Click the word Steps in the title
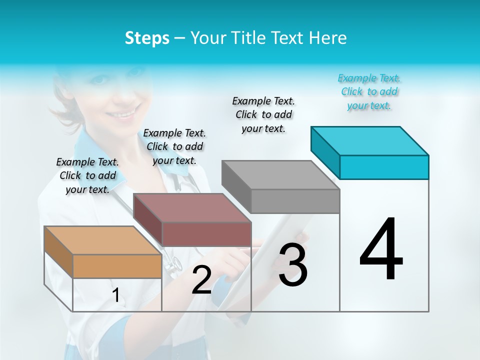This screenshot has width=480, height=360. click(x=147, y=38)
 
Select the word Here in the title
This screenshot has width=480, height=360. click(x=328, y=38)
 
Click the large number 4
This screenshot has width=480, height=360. click(x=381, y=250)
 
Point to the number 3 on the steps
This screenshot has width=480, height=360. click(x=293, y=265)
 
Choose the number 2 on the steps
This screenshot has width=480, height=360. click(x=201, y=280)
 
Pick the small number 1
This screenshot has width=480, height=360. click(x=116, y=295)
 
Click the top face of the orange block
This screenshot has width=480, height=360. click(x=102, y=240)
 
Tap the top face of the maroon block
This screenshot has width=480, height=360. click(x=191, y=207)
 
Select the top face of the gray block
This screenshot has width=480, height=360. click(x=280, y=175)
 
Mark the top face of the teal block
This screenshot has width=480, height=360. click(x=369, y=140)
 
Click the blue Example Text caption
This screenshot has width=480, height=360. click(x=369, y=91)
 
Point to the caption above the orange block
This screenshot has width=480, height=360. click(x=87, y=175)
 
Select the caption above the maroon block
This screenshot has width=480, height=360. click(x=174, y=146)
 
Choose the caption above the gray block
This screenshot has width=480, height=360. click(x=263, y=114)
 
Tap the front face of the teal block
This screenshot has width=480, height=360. click(x=384, y=167)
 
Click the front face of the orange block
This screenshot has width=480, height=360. click(x=117, y=266)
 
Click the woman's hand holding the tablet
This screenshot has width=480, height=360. click(x=300, y=240)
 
